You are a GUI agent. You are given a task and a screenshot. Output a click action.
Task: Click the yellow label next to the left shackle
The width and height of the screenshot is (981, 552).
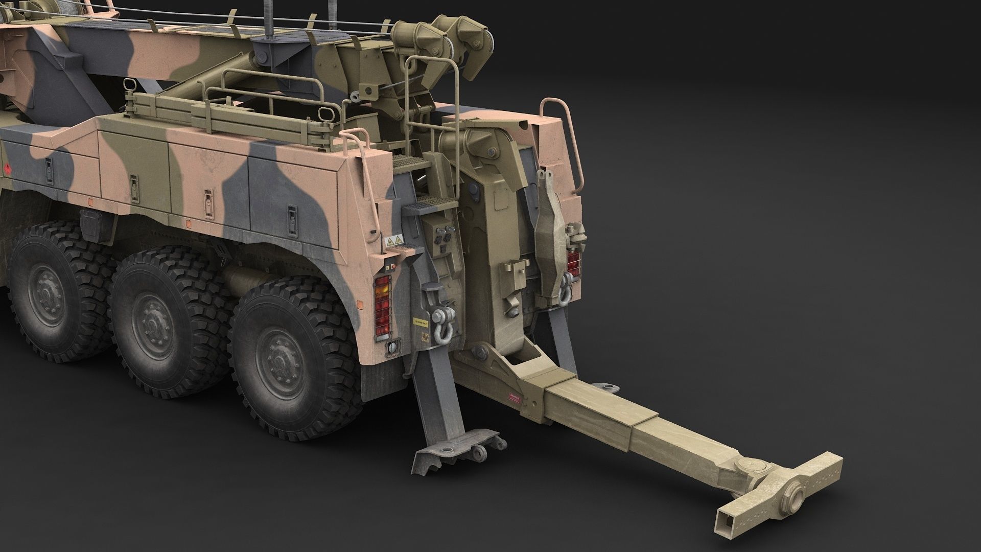coord(420,323)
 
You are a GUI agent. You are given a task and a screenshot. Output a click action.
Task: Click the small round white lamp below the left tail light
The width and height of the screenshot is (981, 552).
coord(392,347)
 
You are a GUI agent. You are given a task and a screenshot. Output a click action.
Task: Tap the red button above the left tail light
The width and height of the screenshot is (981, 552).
coord(388,267)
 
